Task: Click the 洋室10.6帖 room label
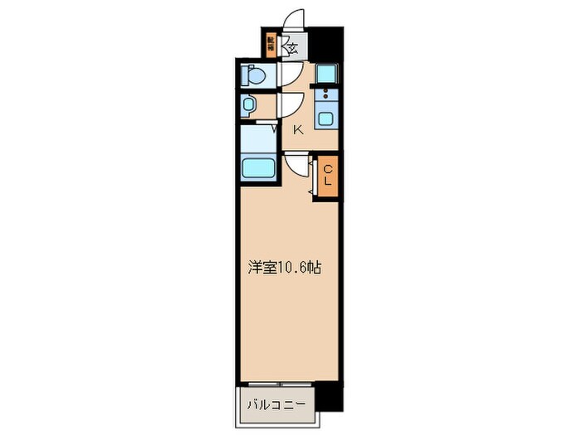pos(285,268)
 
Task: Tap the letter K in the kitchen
pos(297,129)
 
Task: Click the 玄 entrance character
pos(292,48)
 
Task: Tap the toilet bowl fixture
pos(255,77)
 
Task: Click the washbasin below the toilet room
pos(248,106)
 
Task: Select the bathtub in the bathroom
pos(258,168)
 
